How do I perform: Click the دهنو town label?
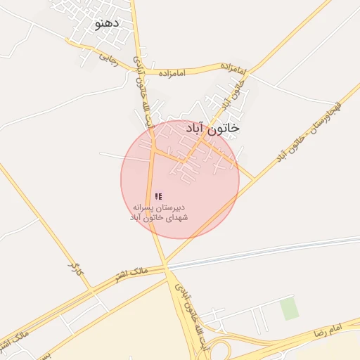pos(107,22)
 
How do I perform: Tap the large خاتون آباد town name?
pos(212,128)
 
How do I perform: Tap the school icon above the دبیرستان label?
pos(158,196)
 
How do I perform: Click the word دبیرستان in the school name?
pos(177,208)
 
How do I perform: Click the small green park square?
pos(288,309)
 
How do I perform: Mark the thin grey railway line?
pos(281,250)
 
